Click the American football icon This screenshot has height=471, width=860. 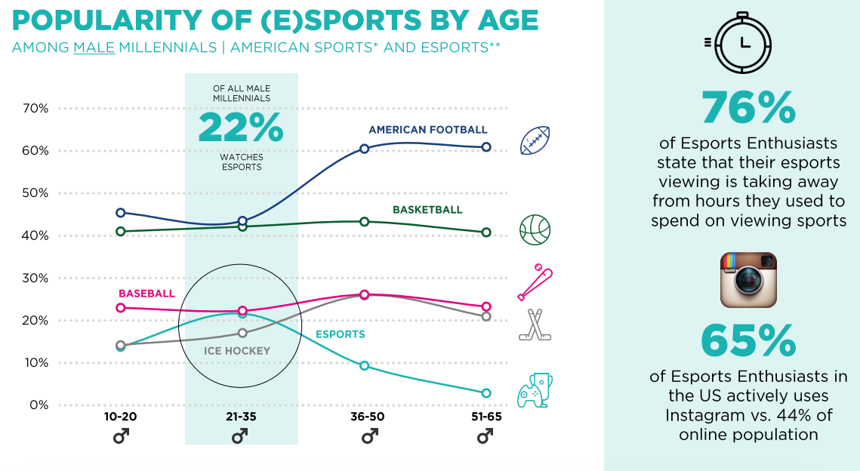coord(535,140)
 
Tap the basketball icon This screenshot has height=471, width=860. coord(535,229)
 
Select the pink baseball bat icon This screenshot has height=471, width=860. coord(535,282)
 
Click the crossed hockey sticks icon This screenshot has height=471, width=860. coord(535,325)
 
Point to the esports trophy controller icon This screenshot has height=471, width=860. coord(534,390)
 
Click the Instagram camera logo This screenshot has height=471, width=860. coord(748,280)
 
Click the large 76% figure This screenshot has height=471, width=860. coord(748,108)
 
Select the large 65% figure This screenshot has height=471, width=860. coord(748,341)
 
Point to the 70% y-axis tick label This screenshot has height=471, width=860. coord(34,108)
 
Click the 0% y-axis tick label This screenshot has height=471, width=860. coord(38,405)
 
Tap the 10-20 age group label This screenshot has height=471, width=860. coord(120,417)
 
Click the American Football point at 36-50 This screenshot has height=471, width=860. coord(365,149)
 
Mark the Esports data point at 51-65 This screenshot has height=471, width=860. coord(486,393)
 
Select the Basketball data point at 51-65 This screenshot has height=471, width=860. coord(486,232)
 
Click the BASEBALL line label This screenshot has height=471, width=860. coord(146,294)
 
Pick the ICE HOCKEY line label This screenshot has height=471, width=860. coord(237,351)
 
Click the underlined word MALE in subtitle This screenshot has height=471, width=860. coord(94,48)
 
